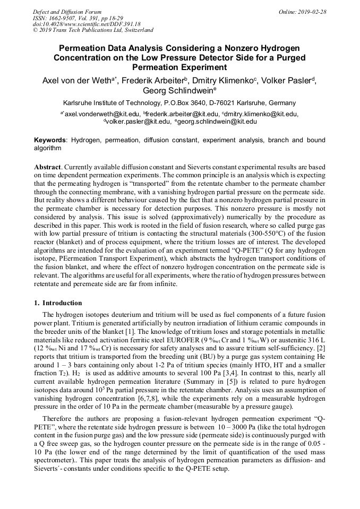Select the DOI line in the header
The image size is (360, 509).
87,24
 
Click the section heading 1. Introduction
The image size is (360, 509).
58,303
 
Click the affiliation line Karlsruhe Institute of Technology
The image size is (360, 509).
179,103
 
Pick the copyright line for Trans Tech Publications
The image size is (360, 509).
93,30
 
